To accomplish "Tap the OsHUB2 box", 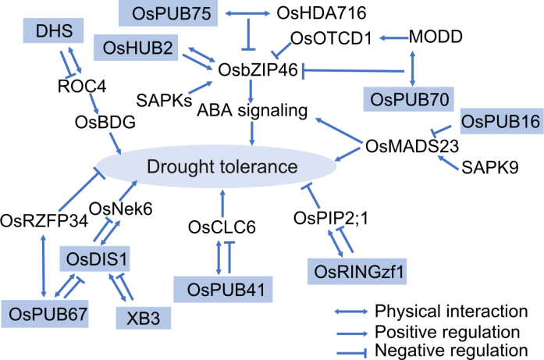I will pos(137,47).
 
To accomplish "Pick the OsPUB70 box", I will pos(407,99).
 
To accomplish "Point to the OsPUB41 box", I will pos(223,289).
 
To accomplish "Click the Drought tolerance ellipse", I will pos(208,167).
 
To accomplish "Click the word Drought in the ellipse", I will pos(177,167).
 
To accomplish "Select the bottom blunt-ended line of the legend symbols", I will pos(350,353).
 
